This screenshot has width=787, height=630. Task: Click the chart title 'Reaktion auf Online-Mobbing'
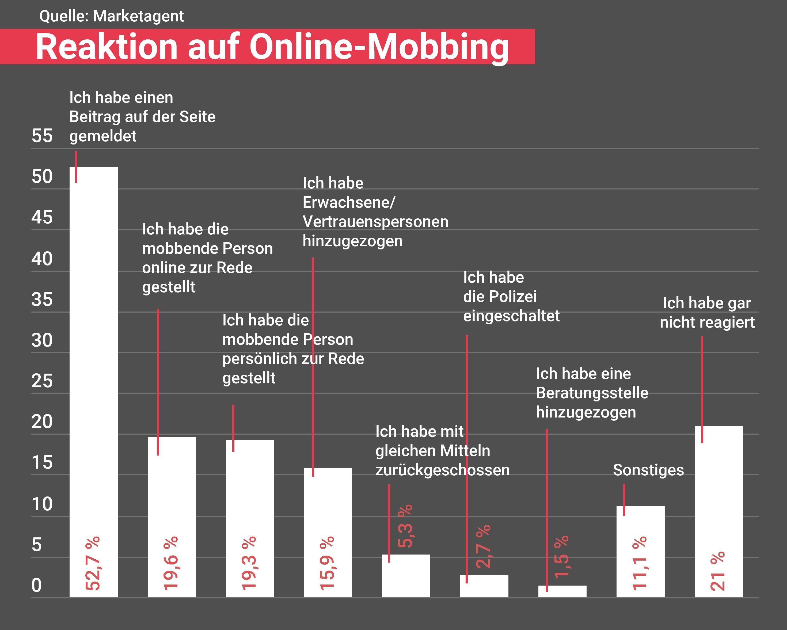pyautogui.click(x=272, y=47)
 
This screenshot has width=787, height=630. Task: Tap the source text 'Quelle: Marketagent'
pyautogui.click(x=111, y=16)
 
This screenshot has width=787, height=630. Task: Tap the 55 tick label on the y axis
pyautogui.click(x=42, y=136)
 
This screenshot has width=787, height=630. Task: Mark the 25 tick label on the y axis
pyautogui.click(x=42, y=381)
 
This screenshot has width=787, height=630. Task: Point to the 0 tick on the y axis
pyautogui.click(x=36, y=586)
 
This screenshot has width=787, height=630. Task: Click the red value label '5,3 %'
pyautogui.click(x=405, y=526)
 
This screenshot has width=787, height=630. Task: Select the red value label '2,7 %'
pyautogui.click(x=483, y=547)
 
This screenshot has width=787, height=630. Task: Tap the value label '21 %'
pyautogui.click(x=718, y=571)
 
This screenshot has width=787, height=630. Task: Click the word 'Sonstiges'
pyautogui.click(x=648, y=470)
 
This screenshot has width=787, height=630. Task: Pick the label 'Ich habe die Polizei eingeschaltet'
pyautogui.click(x=511, y=296)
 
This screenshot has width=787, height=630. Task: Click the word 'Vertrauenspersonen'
pyautogui.click(x=375, y=222)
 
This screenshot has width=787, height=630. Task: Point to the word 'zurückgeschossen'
pyautogui.click(x=442, y=470)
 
